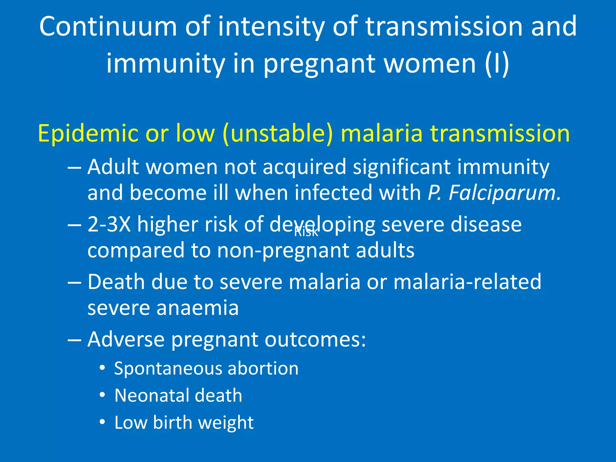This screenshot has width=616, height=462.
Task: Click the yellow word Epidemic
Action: click(88, 133)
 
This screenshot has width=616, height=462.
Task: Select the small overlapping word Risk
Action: click(306, 232)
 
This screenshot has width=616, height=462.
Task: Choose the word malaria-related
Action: click(467, 282)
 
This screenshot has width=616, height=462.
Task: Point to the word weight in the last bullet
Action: click(226, 422)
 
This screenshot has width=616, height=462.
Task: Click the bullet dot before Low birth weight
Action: click(103, 422)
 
